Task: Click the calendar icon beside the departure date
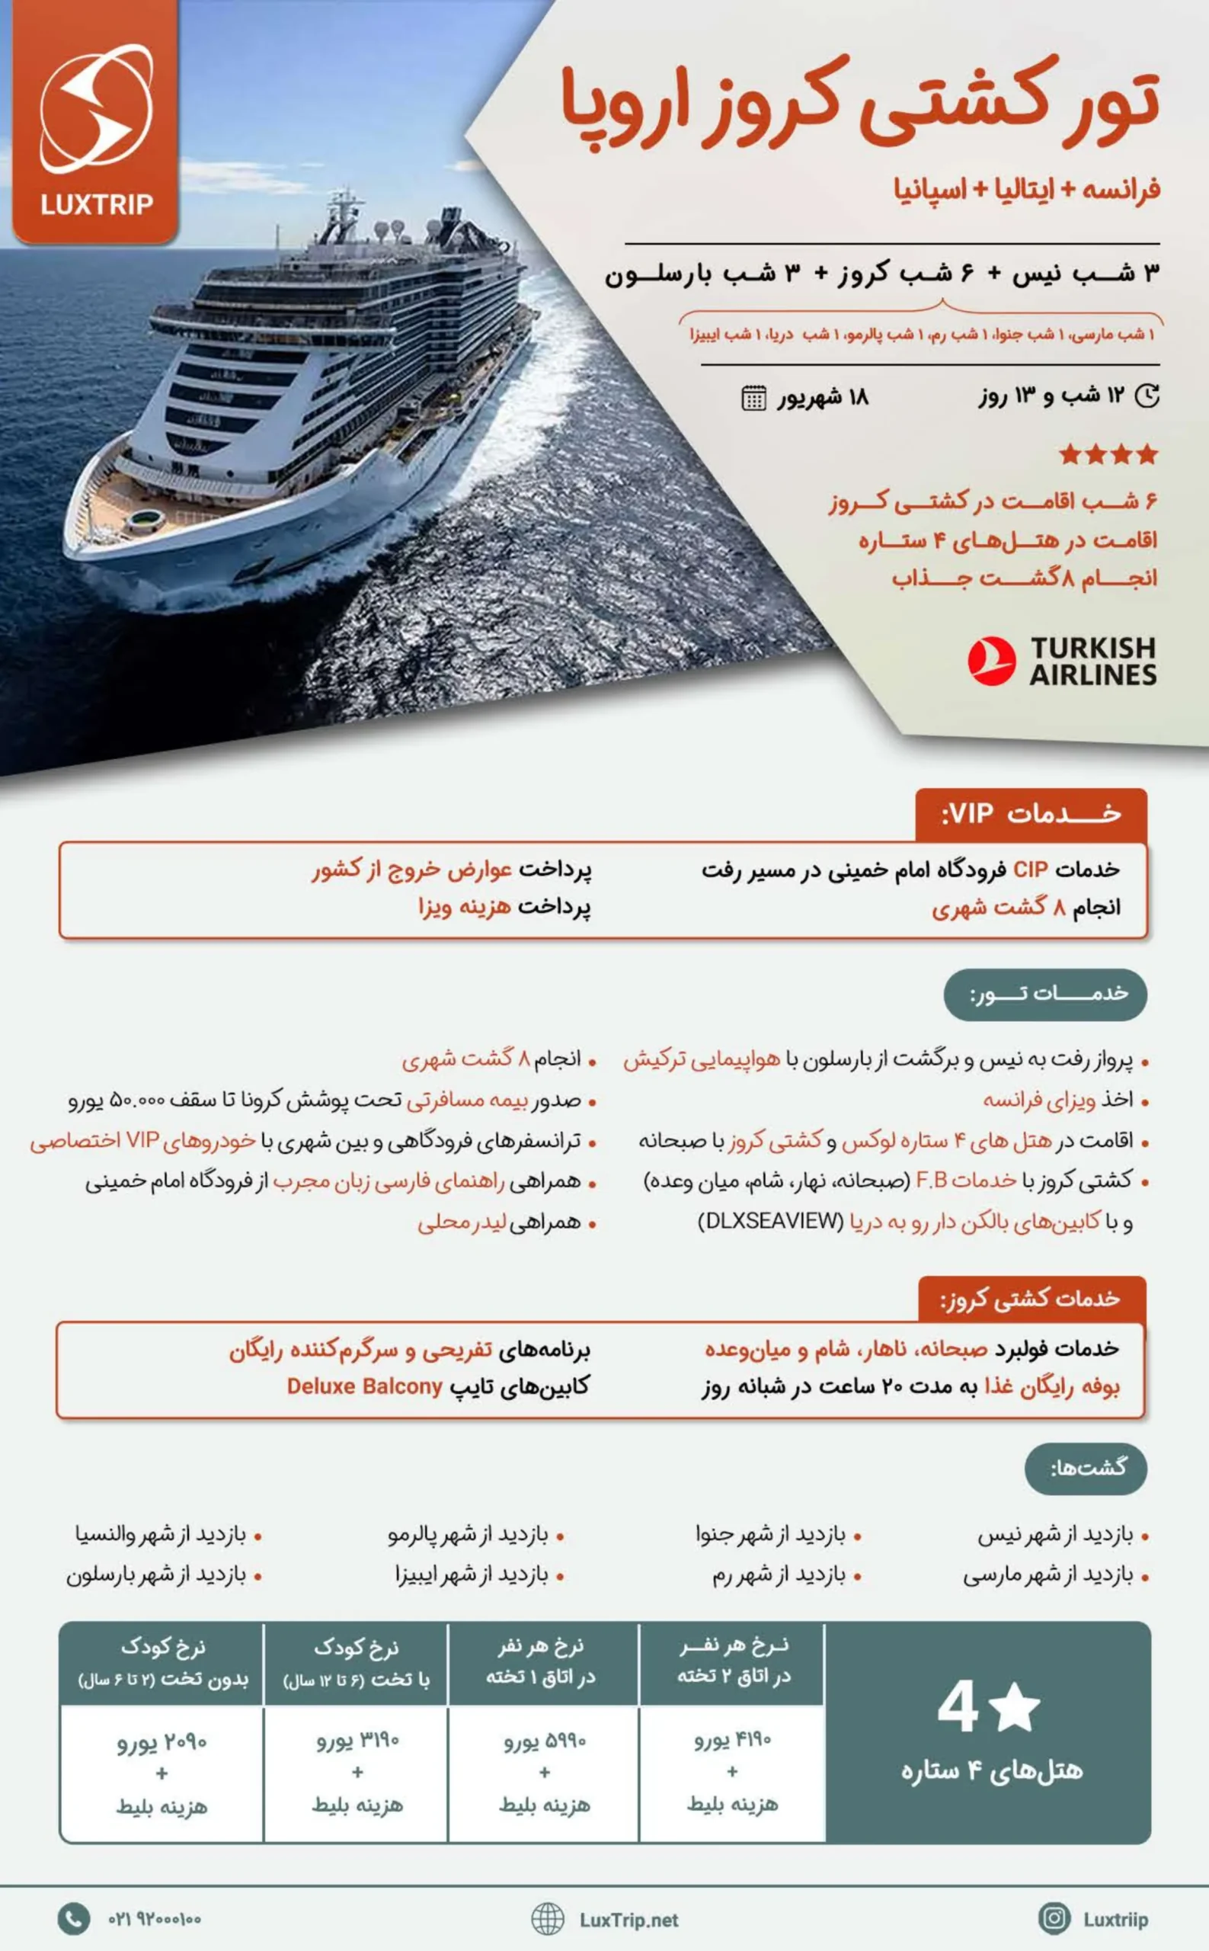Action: click(753, 398)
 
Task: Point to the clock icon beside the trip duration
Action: click(1147, 396)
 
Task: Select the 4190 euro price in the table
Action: click(731, 1740)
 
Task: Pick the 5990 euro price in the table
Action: click(545, 1741)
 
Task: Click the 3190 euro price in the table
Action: click(357, 1740)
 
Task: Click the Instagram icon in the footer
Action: click(1053, 1918)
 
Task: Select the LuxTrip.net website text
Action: click(629, 1920)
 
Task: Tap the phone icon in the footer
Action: click(74, 1918)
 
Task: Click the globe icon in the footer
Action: click(548, 1918)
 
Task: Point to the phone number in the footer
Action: click(155, 1919)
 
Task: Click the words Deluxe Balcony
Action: click(365, 1386)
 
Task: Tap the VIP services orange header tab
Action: click(1031, 815)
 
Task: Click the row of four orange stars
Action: click(1108, 454)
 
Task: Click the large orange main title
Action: click(859, 104)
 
